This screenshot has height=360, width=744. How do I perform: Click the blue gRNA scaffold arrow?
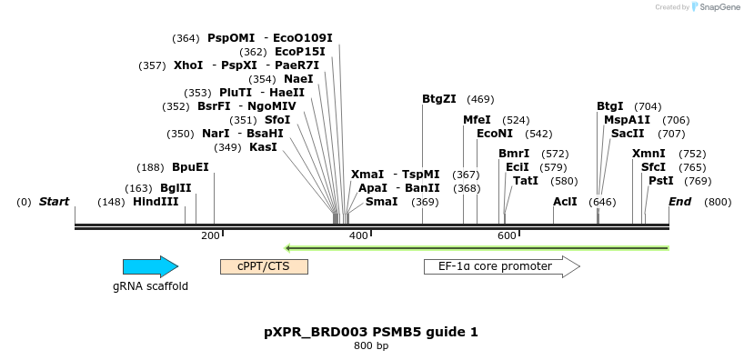click(150, 266)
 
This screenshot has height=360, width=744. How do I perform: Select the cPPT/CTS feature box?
click(265, 266)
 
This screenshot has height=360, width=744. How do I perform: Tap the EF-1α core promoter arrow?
click(502, 266)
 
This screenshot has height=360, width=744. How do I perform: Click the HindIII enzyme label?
click(156, 202)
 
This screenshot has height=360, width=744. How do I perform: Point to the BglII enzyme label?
click(176, 188)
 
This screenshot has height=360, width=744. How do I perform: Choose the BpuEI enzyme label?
click(190, 167)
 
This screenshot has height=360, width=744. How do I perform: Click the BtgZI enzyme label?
click(439, 99)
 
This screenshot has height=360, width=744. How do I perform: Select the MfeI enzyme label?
click(477, 120)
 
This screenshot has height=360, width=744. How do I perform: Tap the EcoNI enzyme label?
click(495, 134)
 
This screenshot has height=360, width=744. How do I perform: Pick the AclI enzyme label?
click(565, 202)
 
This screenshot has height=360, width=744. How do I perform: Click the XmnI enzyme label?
click(648, 154)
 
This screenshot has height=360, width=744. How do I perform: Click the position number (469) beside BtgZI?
click(480, 99)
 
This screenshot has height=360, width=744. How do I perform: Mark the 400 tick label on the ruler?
click(357, 235)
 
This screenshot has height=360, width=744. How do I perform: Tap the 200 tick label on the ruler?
click(210, 235)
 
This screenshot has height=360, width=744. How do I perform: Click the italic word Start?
click(54, 202)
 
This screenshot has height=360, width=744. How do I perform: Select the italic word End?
click(679, 202)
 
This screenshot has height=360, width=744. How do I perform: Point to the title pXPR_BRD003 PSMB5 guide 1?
click(371, 332)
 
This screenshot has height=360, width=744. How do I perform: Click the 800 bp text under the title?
click(371, 345)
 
